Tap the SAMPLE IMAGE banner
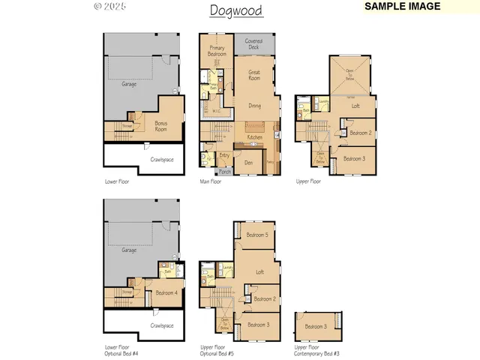(401, 6)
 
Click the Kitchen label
(255, 136)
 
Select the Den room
(248, 162)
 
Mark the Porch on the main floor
(225, 171)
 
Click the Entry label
(224, 155)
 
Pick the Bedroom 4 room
(166, 292)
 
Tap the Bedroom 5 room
(257, 235)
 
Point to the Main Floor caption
(210, 181)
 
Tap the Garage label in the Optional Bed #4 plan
(130, 252)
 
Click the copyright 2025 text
(110, 7)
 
